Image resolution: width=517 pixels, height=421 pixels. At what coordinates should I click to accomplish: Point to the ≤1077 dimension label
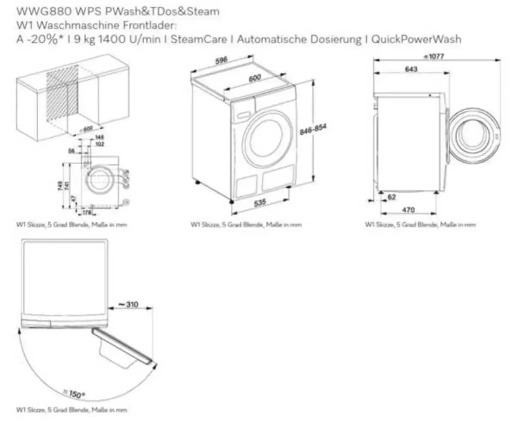[433, 57]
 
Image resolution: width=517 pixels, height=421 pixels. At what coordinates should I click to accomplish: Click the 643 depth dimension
[411, 69]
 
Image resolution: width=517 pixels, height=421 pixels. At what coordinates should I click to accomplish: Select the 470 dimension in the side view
[408, 210]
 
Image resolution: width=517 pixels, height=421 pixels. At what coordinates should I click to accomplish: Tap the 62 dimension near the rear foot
[391, 197]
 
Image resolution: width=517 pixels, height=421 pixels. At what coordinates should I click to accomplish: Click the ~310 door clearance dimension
[128, 304]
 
